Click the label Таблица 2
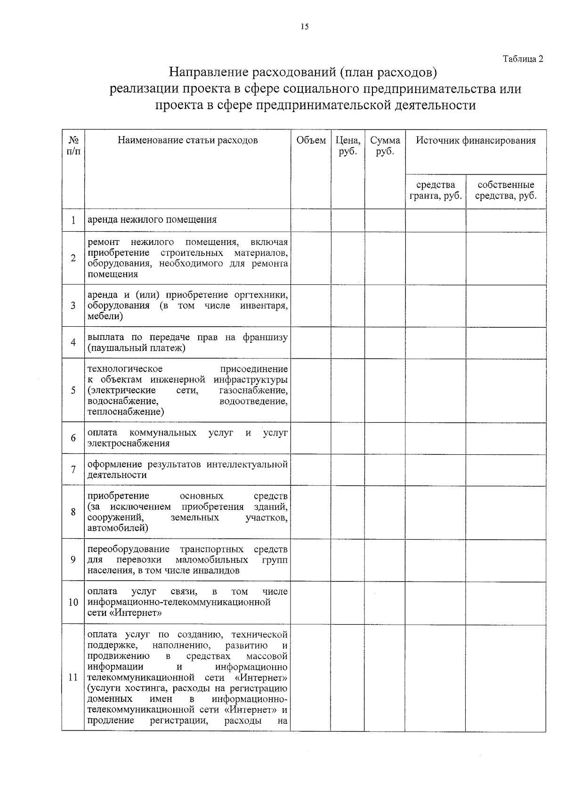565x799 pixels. pos(523,59)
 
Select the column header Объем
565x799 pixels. pos(311,140)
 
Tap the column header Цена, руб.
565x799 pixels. pos(347,146)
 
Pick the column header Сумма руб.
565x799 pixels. pos(385,146)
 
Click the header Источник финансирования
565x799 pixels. pos(476,140)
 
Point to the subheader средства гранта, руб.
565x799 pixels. pos(436,190)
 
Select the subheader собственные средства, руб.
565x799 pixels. pos(506,190)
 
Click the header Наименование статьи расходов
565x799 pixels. pos(187,140)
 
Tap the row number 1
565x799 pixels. pos(73,220)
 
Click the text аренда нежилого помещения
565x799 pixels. pos(152,219)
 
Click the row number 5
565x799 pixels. pos(73,390)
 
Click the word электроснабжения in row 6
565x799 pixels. pos(129,444)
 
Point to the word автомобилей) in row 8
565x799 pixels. pos(118,528)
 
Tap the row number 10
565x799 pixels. pos(73,602)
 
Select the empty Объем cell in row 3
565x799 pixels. pos(311,306)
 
